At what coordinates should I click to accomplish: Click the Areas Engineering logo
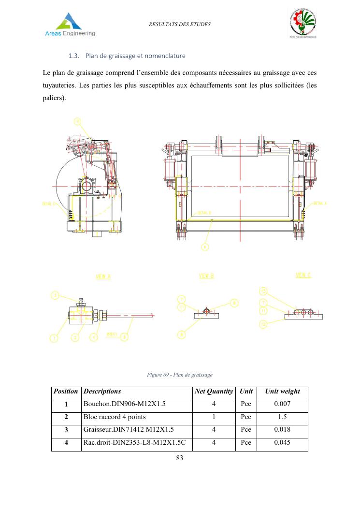tap(70, 25)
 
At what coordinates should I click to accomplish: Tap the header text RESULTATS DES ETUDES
tap(180, 24)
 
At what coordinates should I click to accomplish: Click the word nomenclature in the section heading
tap(163, 56)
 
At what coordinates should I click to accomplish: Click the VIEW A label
tap(103, 276)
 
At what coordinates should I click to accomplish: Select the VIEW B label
tap(206, 276)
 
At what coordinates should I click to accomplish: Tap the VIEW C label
tap(303, 276)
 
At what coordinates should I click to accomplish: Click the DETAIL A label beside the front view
tap(320, 204)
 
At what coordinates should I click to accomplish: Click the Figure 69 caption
tap(179, 375)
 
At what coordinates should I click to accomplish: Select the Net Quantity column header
tap(214, 392)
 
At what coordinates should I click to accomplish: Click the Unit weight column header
tap(282, 392)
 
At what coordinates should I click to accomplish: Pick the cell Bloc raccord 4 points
tap(115, 417)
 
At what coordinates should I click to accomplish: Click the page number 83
tap(180, 459)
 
